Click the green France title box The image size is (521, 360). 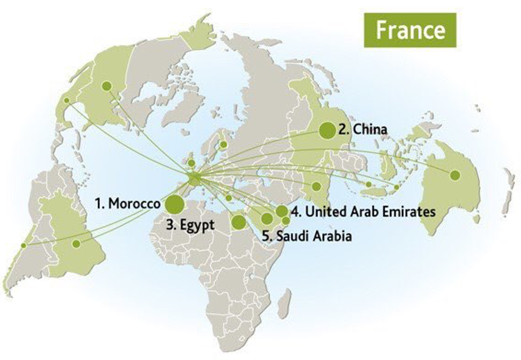click(410, 30)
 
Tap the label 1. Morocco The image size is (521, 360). click(127, 204)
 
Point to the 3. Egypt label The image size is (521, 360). click(190, 224)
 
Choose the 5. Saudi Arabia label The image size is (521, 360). click(307, 236)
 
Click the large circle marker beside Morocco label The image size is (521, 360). click(174, 204)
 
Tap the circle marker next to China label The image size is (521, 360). click(327, 130)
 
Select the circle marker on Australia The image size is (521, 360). click(455, 174)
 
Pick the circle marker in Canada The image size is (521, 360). click(106, 86)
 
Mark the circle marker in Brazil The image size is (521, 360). click(77, 244)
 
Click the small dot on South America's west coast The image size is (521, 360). click(23, 245)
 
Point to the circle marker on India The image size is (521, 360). click(316, 186)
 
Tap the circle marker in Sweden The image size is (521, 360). click(224, 144)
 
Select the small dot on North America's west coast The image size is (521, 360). click(66, 100)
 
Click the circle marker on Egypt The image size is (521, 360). click(239, 221)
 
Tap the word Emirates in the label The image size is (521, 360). click(410, 212)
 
